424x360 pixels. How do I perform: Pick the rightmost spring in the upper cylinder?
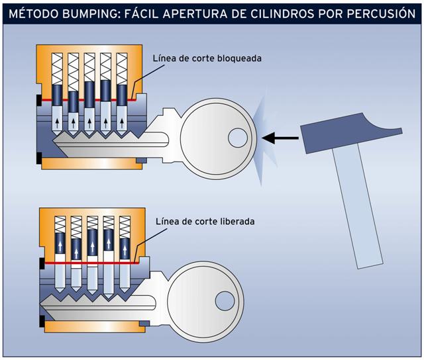(x=122, y=66)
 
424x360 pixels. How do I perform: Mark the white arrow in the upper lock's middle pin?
(x=89, y=121)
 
